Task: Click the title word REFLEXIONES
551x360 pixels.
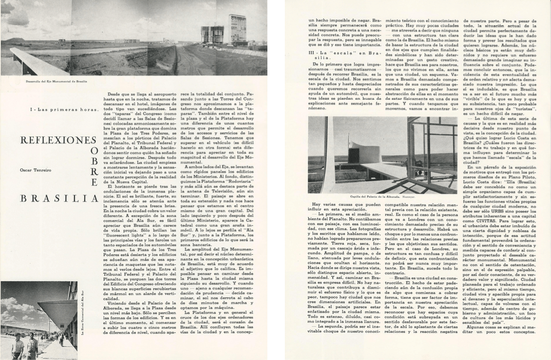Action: coord(50,140)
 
